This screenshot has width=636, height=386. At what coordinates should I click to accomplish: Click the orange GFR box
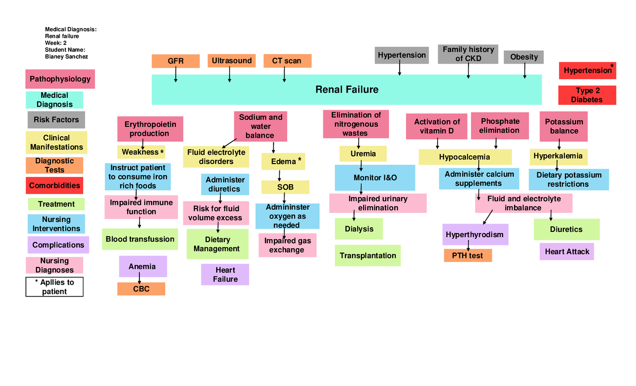[x=175, y=61]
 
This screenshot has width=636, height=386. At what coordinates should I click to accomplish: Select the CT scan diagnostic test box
[x=287, y=61]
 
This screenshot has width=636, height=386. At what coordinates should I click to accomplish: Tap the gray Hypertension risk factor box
[x=402, y=55]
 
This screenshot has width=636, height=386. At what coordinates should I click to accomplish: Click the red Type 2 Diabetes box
[x=587, y=95]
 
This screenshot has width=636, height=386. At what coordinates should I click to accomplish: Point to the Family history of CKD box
[x=468, y=54]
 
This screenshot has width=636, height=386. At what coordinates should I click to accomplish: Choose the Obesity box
[x=524, y=57]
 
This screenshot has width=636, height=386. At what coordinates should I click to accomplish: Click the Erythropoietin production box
[x=150, y=129]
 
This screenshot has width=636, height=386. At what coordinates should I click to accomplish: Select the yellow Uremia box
[x=363, y=154]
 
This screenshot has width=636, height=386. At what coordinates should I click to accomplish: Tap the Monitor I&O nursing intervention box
[x=375, y=177]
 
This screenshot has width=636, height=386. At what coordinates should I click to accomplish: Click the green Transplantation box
[x=367, y=255]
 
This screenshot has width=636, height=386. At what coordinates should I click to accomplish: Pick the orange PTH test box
[x=467, y=256]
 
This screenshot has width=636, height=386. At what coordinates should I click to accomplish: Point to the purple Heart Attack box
[x=567, y=252]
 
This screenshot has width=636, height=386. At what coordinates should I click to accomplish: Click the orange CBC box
[x=141, y=289]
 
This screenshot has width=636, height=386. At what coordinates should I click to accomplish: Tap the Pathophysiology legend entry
[x=60, y=79]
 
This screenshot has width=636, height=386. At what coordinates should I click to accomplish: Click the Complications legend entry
[x=58, y=245]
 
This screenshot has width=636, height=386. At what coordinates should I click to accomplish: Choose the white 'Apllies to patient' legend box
[x=54, y=286]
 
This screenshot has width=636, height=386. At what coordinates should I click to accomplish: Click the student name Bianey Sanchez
[x=66, y=57]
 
